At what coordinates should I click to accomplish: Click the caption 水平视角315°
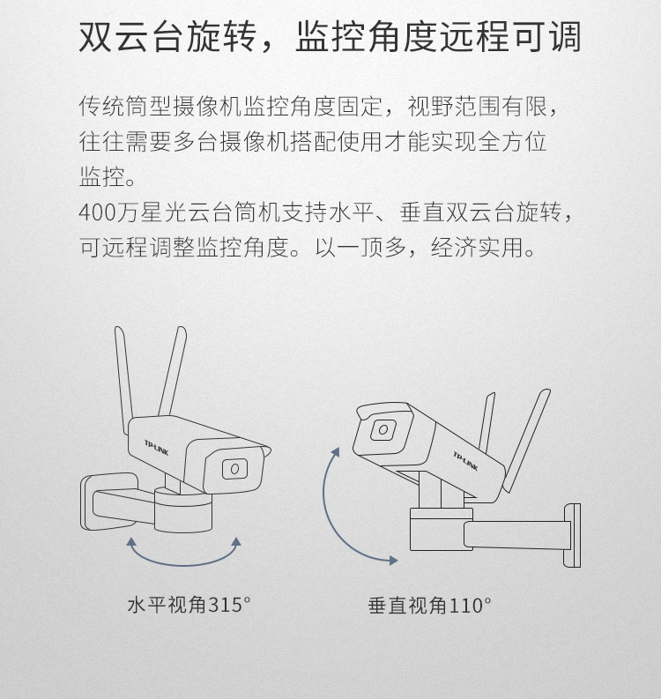pyautogui.click(x=189, y=605)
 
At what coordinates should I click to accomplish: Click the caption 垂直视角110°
pyautogui.click(x=429, y=606)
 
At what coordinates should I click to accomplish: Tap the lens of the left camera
pyautogui.click(x=234, y=469)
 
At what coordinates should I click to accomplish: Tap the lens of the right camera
pyautogui.click(x=383, y=430)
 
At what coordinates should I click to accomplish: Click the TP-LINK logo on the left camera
pyautogui.click(x=157, y=448)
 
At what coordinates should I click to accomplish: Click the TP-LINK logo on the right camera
pyautogui.click(x=465, y=461)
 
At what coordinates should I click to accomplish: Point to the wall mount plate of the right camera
pyautogui.click(x=572, y=535)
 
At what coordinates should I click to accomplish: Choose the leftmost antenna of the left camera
pyautogui.click(x=123, y=379)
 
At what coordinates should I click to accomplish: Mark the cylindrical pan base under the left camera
pyautogui.click(x=183, y=509)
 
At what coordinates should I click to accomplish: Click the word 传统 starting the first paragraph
pyautogui.click(x=101, y=107)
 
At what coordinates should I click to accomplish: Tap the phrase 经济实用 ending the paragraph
pyautogui.click(x=478, y=248)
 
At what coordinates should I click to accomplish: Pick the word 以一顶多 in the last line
pyautogui.click(x=360, y=248)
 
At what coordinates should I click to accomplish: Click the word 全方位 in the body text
pyautogui.click(x=512, y=141)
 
